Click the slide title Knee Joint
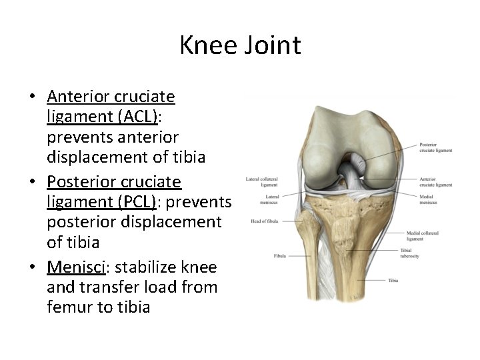coord(240,45)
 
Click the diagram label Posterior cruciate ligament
coord(435,147)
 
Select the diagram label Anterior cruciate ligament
coord(435,181)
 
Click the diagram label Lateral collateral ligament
coord(262,181)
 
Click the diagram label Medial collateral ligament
coord(424,235)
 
